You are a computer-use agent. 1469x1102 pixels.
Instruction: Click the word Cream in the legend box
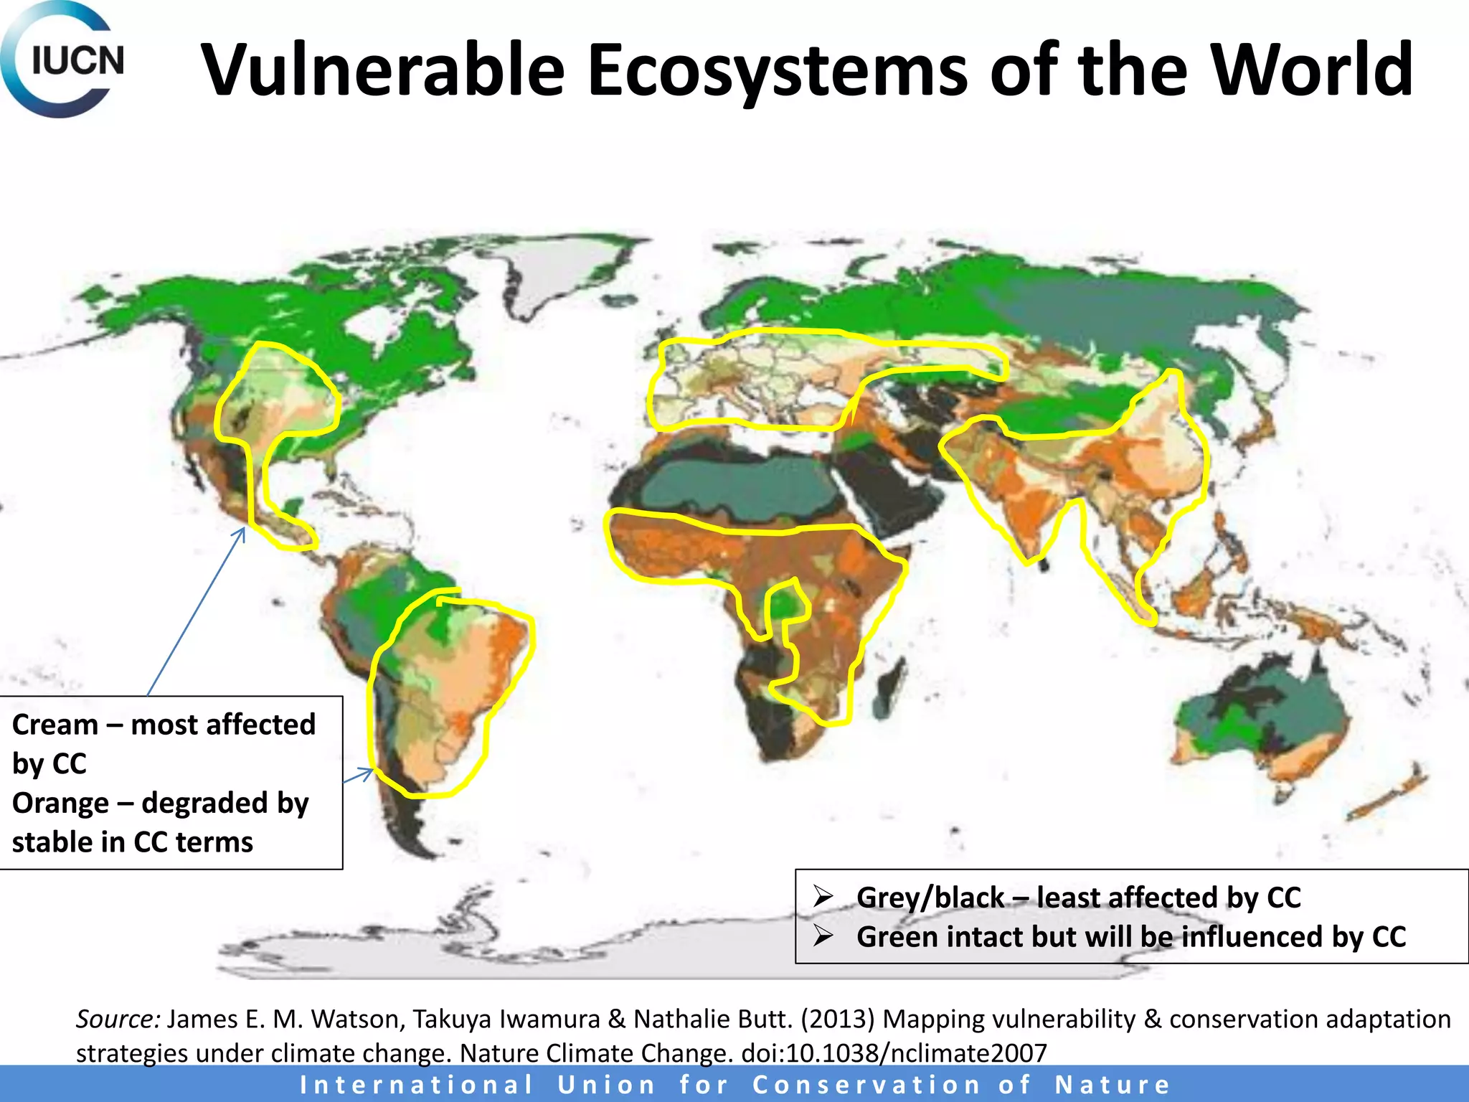point(55,725)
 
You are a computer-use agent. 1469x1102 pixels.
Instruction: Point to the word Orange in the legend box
point(60,803)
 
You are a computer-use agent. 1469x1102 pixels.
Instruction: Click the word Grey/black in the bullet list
point(930,898)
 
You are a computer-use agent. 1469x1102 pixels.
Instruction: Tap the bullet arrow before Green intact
point(823,936)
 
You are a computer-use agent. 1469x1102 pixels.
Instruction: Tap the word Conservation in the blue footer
point(866,1085)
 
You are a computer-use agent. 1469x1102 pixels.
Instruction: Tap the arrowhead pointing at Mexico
point(242,532)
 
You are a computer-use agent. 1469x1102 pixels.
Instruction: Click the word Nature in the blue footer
point(1112,1085)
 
